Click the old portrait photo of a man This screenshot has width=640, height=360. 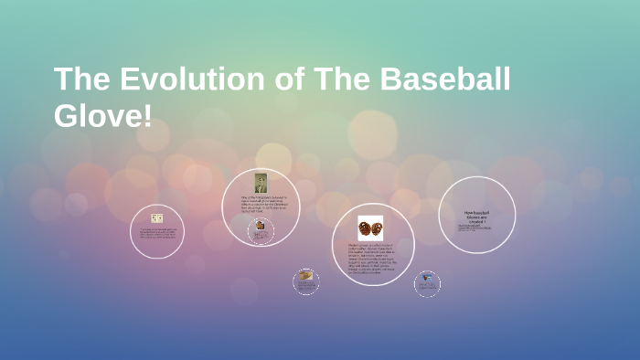pyautogui.click(x=261, y=183)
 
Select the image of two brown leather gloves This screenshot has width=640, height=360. pyautogui.click(x=370, y=228)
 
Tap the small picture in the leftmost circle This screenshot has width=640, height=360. pyautogui.click(x=156, y=218)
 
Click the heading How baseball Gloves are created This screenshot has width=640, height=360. pyautogui.click(x=476, y=216)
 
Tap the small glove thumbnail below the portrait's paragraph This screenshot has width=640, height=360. pyautogui.click(x=260, y=225)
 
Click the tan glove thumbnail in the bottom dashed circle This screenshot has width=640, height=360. pyautogui.click(x=305, y=275)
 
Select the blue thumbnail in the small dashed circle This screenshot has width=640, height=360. pyautogui.click(x=426, y=279)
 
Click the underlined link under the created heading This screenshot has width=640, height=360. pyautogui.click(x=476, y=227)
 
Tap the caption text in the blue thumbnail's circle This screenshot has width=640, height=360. pyautogui.click(x=426, y=289)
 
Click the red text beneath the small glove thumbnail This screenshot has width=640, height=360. pyautogui.click(x=260, y=235)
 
